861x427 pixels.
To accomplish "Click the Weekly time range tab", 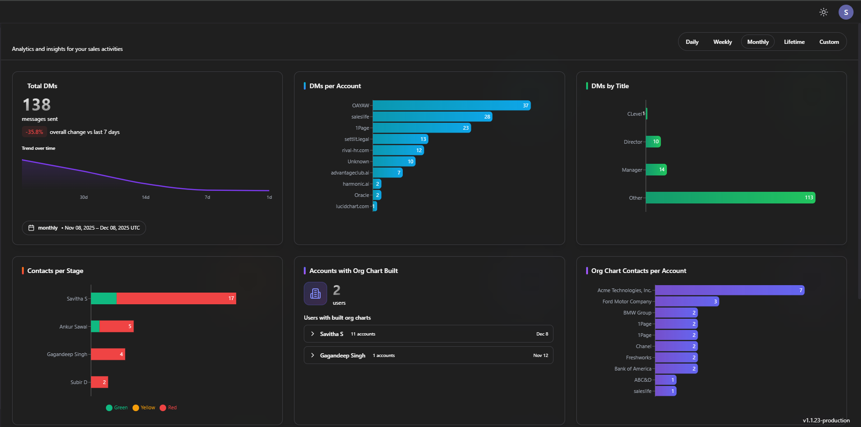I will click(722, 42).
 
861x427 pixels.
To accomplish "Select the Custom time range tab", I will click(829, 42).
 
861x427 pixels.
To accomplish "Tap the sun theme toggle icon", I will click(824, 12).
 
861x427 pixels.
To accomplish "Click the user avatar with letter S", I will click(846, 12).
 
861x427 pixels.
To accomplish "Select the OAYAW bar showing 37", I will click(451, 105).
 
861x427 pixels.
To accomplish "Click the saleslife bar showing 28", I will click(432, 117).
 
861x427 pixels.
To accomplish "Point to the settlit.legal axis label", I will click(357, 139).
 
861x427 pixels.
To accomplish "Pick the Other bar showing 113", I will click(730, 198).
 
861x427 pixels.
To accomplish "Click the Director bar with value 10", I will click(653, 142).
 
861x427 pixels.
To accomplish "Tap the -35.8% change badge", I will click(34, 132).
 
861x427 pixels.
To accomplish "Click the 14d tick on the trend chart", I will click(146, 197).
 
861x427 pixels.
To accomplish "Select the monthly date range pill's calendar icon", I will click(31, 228).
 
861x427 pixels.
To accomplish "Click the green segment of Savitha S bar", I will click(104, 299).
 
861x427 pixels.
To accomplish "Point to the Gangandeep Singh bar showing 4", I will click(108, 354).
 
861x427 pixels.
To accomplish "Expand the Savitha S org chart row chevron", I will click(313, 334).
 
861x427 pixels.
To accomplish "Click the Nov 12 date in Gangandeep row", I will click(540, 356).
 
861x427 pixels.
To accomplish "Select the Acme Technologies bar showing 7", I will click(729, 290).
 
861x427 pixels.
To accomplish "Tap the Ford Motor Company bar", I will click(686, 301).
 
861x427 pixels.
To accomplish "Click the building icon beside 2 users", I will click(315, 294).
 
